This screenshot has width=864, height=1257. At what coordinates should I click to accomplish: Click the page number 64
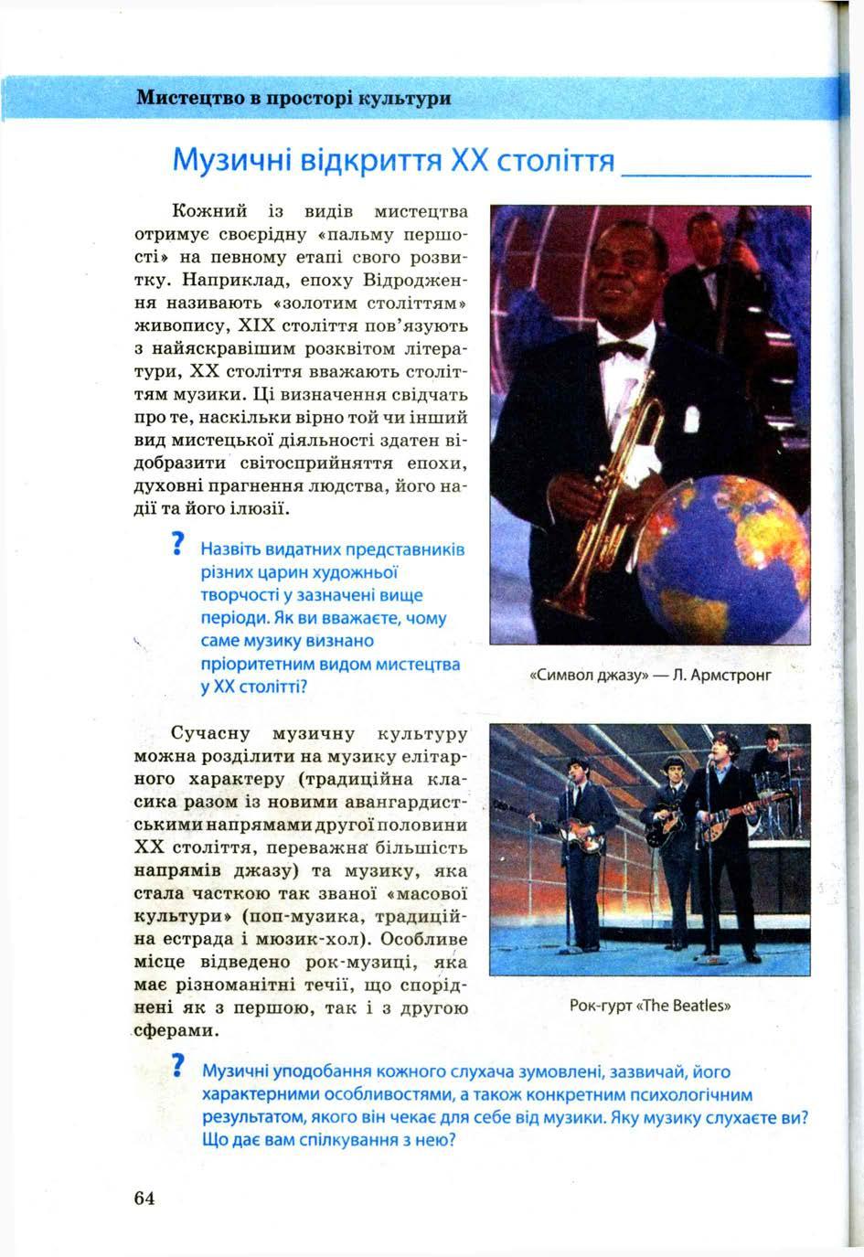click(144, 1198)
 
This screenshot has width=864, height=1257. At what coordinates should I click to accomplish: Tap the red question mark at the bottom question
click(179, 1068)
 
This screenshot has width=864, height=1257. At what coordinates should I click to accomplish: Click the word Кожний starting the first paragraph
click(208, 213)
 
